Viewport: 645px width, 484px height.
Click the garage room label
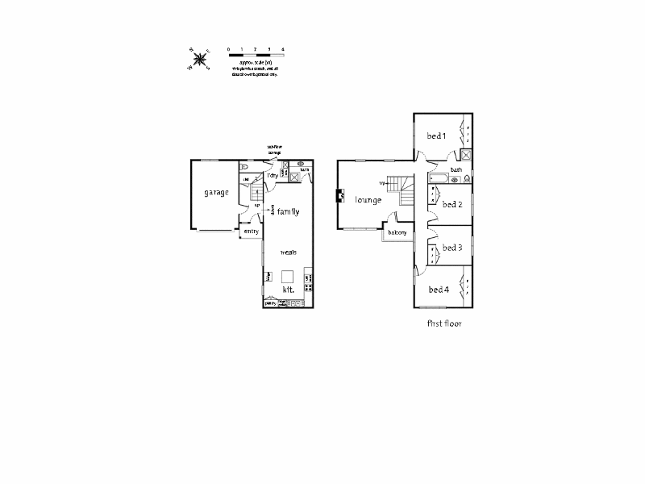[x=216, y=193]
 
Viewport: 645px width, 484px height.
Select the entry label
[x=252, y=232]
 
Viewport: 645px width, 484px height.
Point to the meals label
[x=289, y=252]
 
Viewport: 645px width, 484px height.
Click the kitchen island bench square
[x=287, y=275]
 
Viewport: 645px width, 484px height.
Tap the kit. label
[x=287, y=290]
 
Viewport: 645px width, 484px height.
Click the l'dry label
[x=273, y=175]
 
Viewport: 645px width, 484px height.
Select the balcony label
[x=397, y=233]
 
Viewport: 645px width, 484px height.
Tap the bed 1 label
[x=436, y=136]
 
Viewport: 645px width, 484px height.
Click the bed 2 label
[x=451, y=204]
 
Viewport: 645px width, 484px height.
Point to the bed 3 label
[x=451, y=248]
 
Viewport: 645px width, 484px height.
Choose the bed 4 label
[x=439, y=290]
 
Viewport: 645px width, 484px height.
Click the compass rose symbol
[x=199, y=58]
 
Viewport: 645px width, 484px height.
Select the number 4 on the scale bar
[x=283, y=50]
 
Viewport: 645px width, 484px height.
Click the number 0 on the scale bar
[x=229, y=50]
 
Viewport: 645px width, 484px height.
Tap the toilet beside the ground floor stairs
[x=245, y=169]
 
